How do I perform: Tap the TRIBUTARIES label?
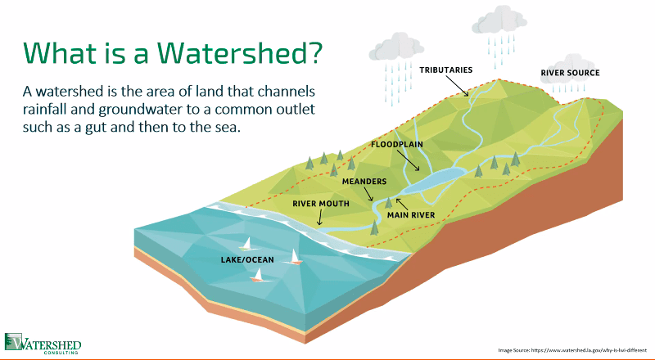pos(445,70)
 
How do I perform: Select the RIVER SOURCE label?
pos(570,73)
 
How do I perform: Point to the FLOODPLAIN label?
pos(397,145)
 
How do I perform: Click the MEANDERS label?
pos(364,182)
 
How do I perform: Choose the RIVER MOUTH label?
pos(320,204)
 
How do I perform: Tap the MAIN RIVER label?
pos(411,215)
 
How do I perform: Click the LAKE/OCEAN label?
pos(247,259)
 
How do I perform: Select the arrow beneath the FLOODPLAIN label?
pos(408,160)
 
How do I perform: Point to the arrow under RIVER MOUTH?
pos(320,218)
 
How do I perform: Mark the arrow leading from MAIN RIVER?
pos(402,204)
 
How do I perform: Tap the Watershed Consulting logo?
pos(43,344)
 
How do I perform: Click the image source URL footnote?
pos(572,350)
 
